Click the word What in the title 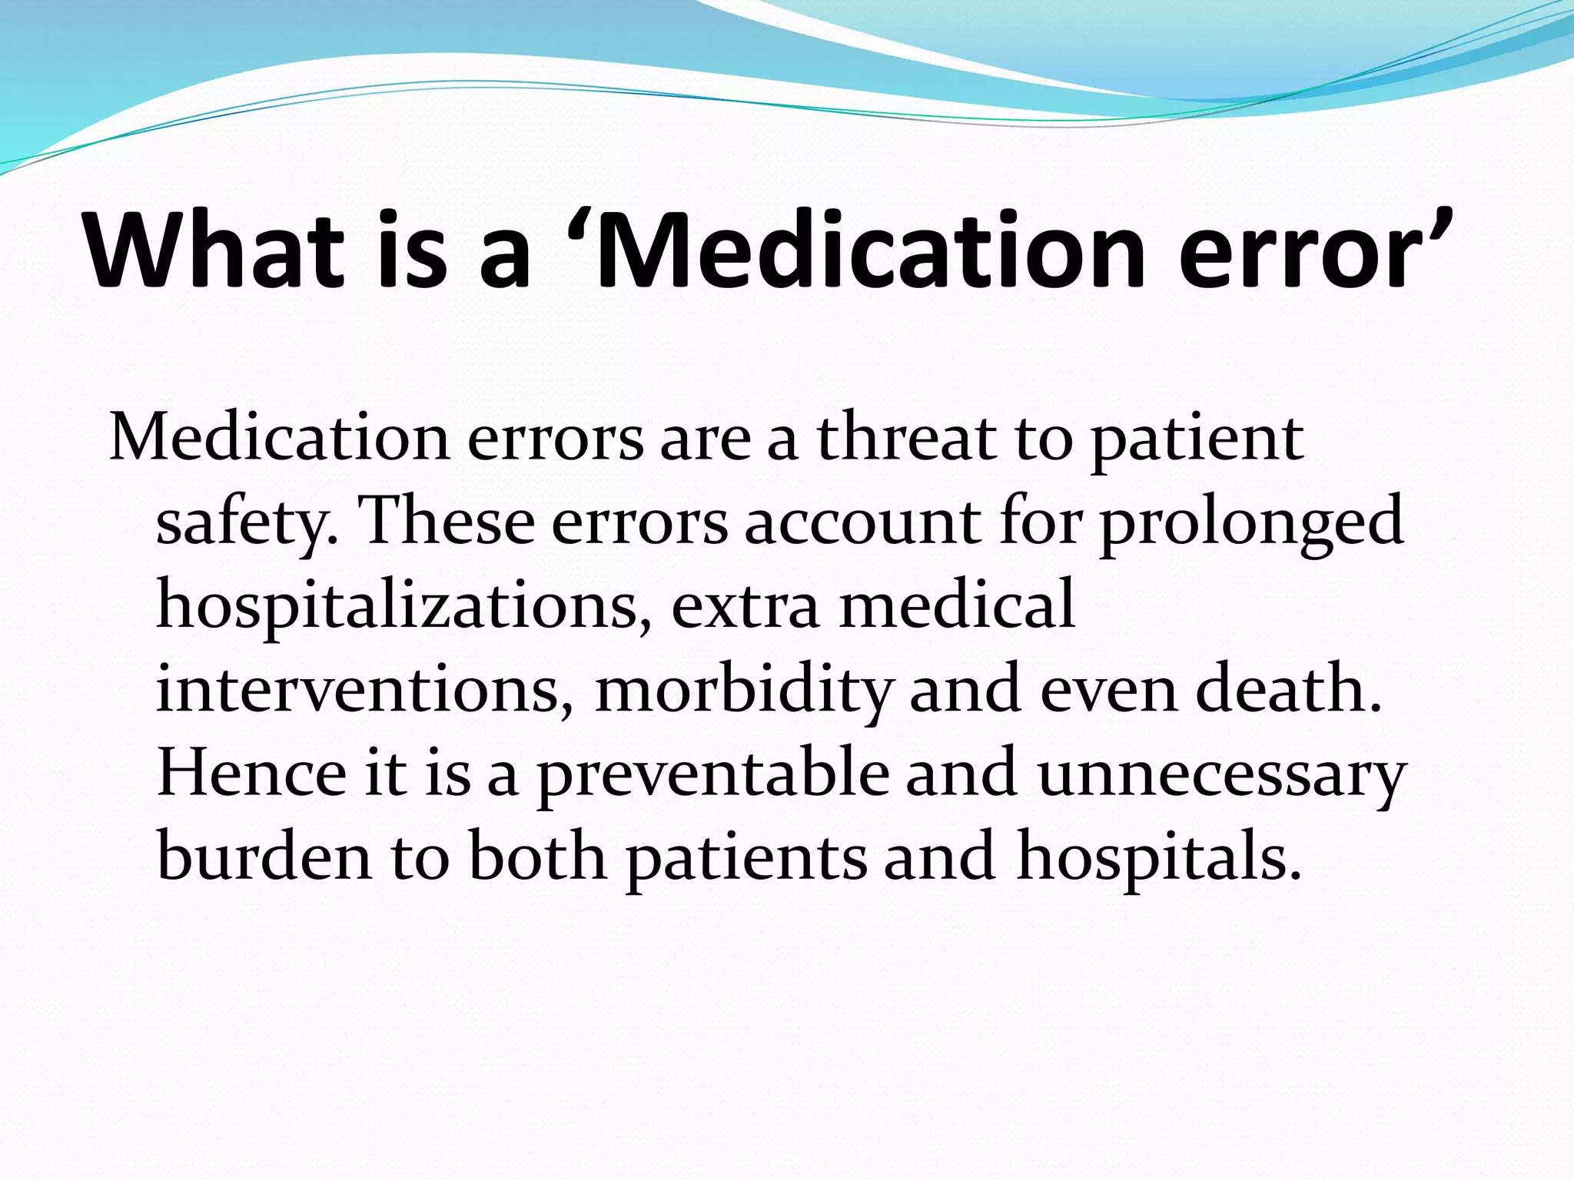coord(214,251)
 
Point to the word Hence coord(252,773)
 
